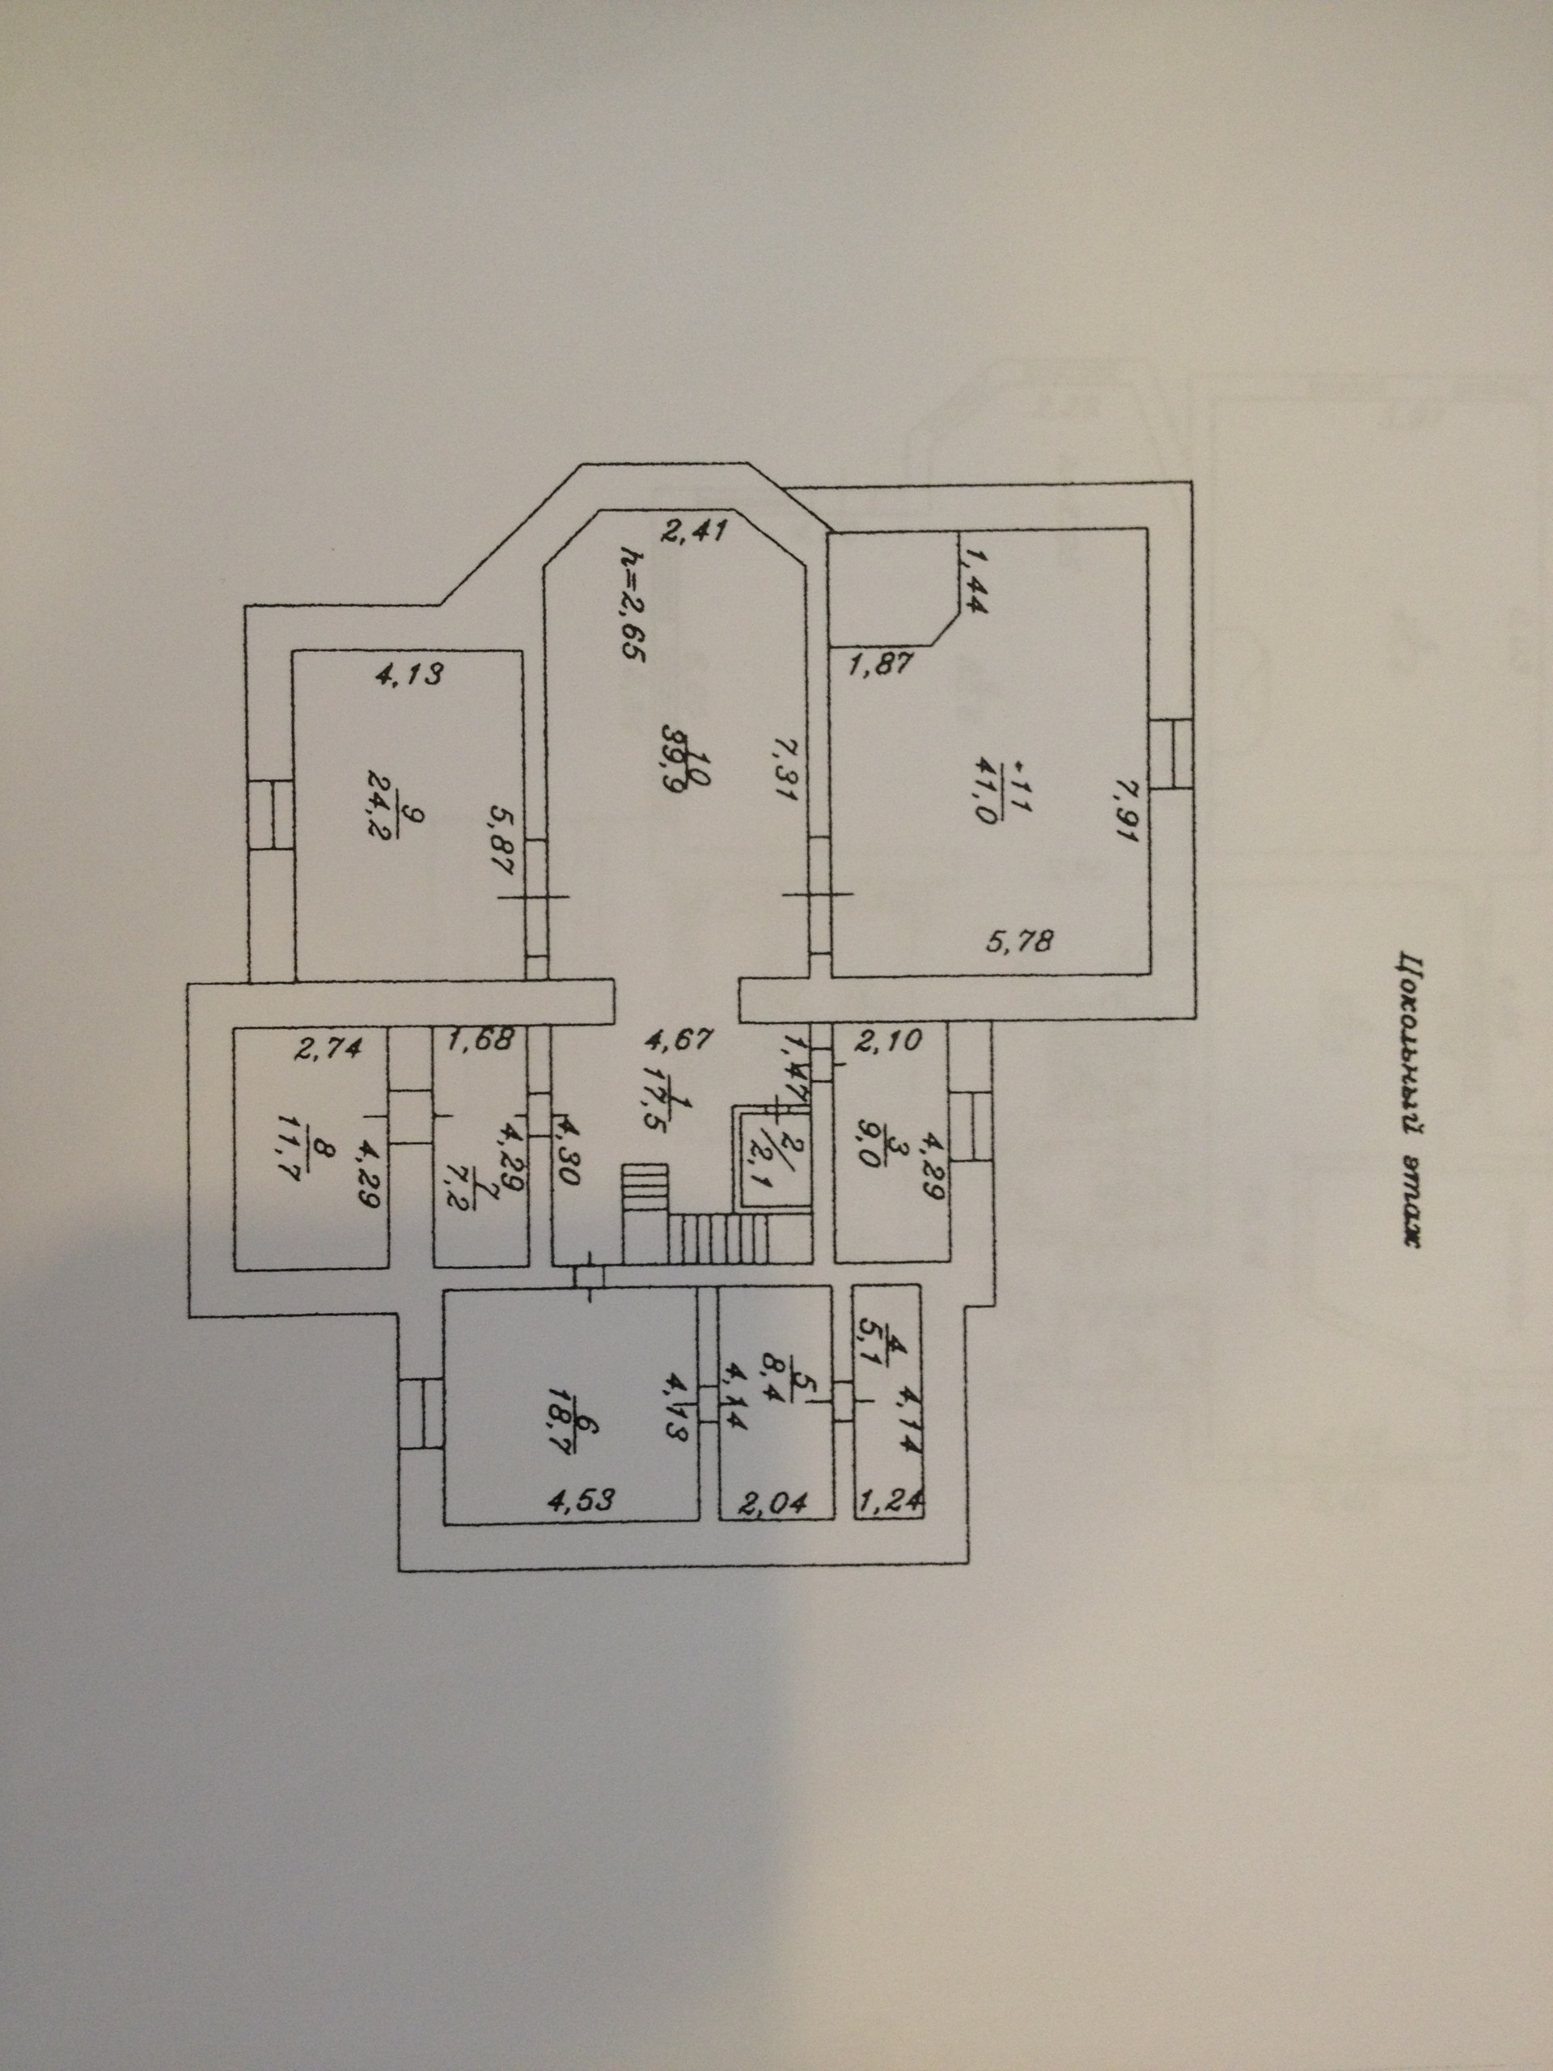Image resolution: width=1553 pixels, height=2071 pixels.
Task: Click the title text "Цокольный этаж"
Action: (1407, 1099)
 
